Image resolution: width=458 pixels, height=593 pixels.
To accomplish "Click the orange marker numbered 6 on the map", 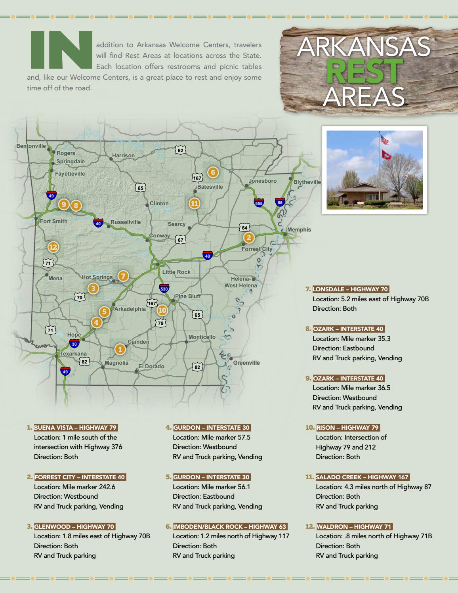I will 213,172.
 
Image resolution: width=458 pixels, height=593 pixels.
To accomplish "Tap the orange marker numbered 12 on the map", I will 53,247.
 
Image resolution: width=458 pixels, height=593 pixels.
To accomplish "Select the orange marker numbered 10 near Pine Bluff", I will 162,310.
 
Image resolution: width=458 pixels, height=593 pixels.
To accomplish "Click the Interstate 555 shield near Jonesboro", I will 259,203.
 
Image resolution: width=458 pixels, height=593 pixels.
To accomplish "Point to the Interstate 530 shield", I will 164,288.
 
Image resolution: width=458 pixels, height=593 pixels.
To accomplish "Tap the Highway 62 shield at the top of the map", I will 181,150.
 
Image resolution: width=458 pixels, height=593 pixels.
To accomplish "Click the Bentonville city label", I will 31,146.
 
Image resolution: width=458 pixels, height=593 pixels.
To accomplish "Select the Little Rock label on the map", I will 176,272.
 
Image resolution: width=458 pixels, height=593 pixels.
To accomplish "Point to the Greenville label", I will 246,363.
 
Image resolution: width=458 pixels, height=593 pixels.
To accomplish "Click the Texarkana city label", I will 73,354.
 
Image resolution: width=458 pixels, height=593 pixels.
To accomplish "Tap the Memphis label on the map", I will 299,230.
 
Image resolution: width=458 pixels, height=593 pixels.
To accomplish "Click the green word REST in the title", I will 364,71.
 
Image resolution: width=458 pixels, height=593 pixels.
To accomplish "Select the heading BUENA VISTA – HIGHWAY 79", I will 75,428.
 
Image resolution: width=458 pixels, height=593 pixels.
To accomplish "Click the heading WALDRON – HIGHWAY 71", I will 354,527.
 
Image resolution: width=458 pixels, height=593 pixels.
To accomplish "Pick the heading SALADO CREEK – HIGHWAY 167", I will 362,477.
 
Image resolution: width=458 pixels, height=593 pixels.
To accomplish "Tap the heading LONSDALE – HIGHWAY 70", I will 350,289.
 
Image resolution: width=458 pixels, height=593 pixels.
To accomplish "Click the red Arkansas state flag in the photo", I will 386,155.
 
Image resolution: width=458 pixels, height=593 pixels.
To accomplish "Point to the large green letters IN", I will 61,50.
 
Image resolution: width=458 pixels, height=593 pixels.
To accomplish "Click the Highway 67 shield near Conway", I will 181,240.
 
